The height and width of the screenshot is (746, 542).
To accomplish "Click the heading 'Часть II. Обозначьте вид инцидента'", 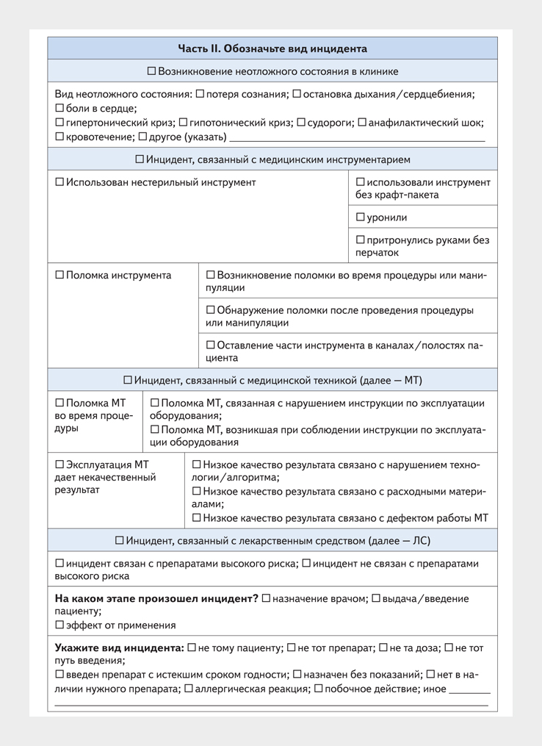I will tap(272, 49).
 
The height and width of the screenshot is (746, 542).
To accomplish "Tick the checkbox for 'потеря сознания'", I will tap(200, 94).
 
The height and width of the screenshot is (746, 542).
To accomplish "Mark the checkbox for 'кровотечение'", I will tap(59, 137).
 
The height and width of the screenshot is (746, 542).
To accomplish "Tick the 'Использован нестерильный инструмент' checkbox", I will tap(59, 182).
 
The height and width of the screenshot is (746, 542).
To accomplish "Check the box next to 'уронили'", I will tap(360, 218).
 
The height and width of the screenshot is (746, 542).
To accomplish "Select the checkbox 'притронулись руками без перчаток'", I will tap(360, 240).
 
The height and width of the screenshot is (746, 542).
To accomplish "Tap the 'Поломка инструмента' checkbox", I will tap(59, 276).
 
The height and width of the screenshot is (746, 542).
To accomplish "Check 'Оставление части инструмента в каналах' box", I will tap(211, 345).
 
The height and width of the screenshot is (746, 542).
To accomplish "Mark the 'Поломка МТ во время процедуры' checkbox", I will tap(59, 403).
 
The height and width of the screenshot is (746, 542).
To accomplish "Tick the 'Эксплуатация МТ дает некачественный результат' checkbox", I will tap(59, 465).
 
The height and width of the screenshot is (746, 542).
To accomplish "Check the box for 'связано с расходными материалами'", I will tap(196, 491).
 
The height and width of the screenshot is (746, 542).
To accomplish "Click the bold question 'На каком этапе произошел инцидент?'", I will tap(156, 598).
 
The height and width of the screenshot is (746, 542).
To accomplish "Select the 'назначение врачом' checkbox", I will tap(266, 598).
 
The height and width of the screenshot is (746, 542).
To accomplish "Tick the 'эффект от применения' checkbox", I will tap(59, 625).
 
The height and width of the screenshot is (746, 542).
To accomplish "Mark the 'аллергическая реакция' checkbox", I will tap(189, 689).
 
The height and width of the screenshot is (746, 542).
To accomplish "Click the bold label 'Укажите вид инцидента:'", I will tap(119, 648).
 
